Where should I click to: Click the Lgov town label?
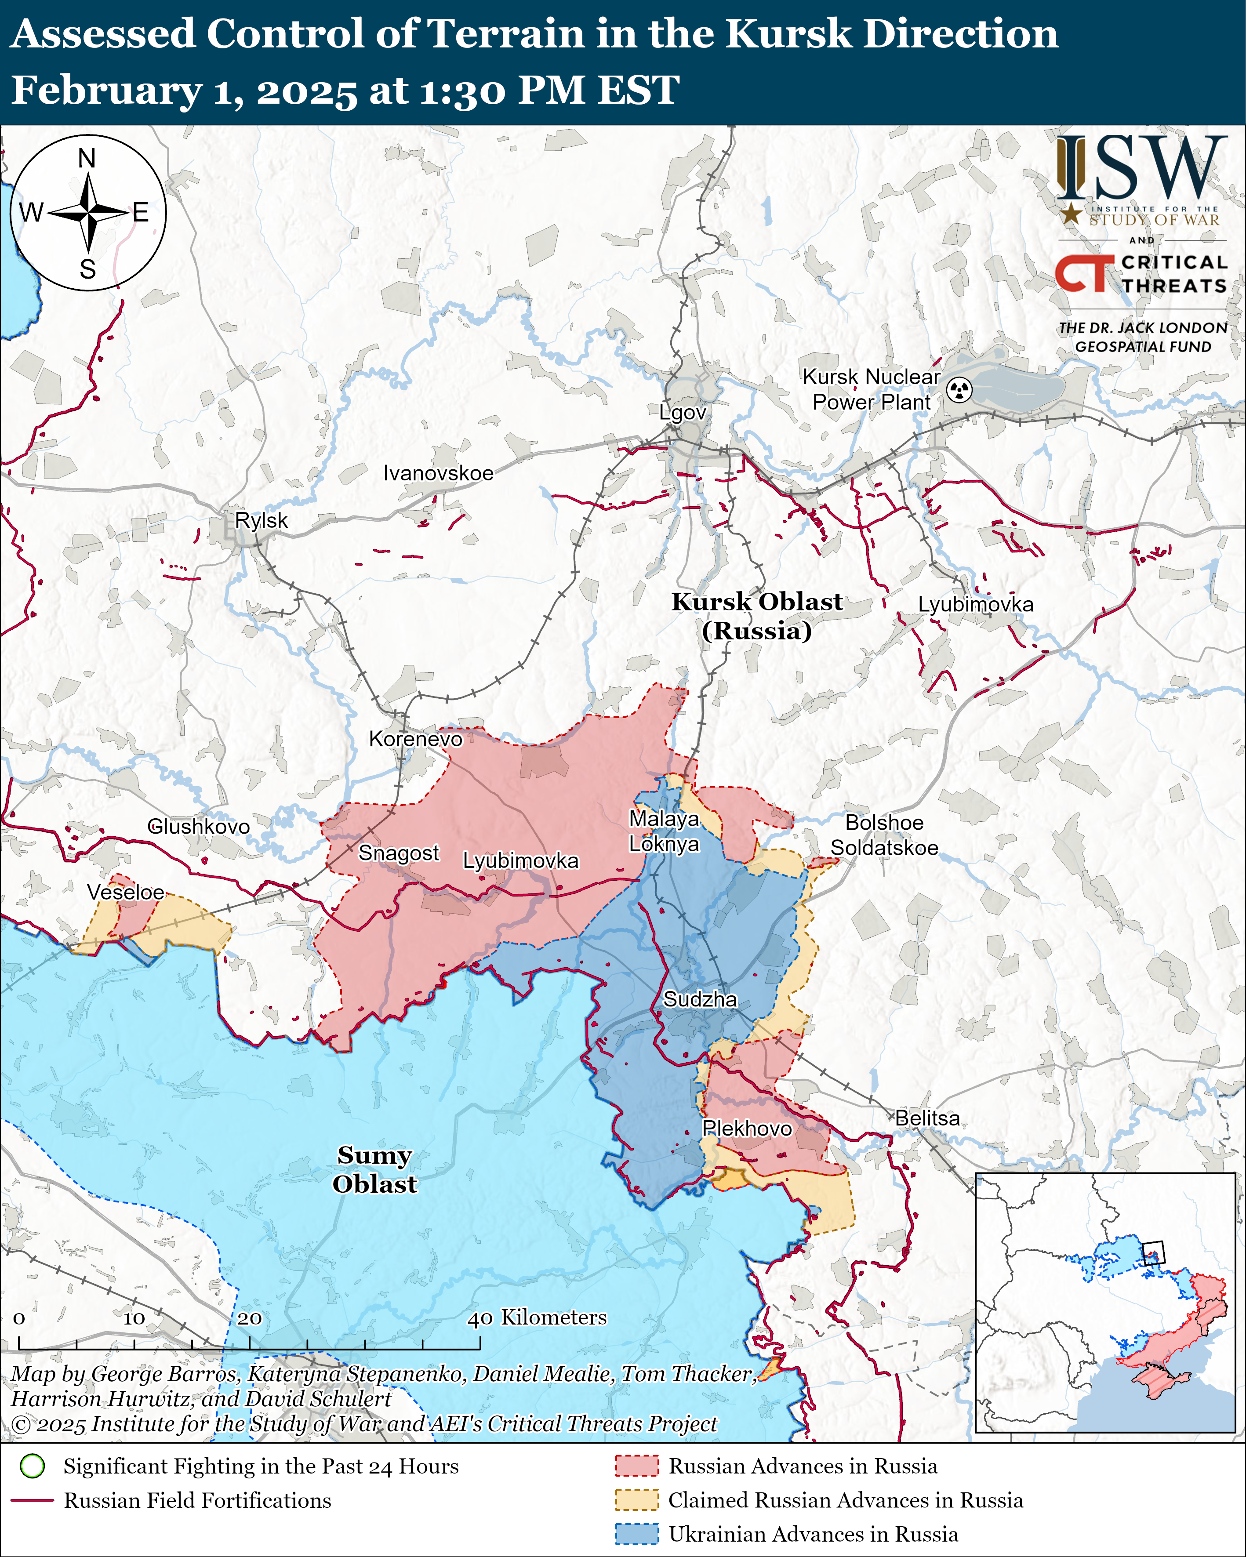[x=682, y=412]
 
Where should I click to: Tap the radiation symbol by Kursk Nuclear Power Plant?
[x=959, y=390]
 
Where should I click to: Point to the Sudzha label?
[x=700, y=999]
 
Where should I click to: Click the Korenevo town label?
[x=415, y=739]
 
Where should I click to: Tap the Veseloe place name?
[x=126, y=892]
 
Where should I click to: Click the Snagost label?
[x=399, y=853]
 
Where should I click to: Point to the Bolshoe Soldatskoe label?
[x=884, y=835]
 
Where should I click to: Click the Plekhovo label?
[x=747, y=1128]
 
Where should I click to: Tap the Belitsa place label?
[x=927, y=1118]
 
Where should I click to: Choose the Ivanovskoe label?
[x=439, y=473]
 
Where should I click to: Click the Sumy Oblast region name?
[x=374, y=1169]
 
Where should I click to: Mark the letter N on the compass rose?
[x=87, y=158]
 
